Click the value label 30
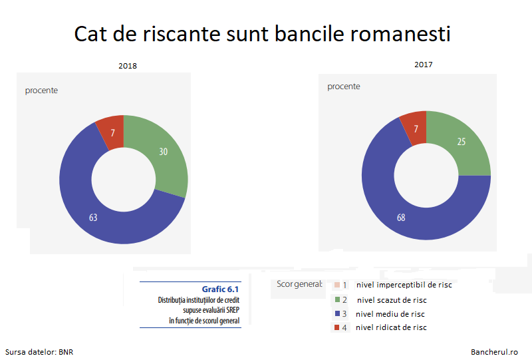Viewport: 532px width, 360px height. [163, 152]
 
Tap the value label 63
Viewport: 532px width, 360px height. [93, 218]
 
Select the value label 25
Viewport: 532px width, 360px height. [462, 142]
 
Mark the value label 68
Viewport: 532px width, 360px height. [401, 218]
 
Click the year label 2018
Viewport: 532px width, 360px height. [128, 66]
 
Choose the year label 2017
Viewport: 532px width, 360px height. [424, 65]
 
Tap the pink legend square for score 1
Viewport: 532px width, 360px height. [337, 285]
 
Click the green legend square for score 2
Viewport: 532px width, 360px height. [337, 299]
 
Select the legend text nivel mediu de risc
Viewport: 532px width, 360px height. [390, 314]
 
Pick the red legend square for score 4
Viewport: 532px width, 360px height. [337, 327]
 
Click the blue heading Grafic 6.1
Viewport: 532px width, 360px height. [220, 289]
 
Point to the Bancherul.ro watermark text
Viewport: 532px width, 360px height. [494, 352]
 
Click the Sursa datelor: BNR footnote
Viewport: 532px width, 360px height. [39, 352]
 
